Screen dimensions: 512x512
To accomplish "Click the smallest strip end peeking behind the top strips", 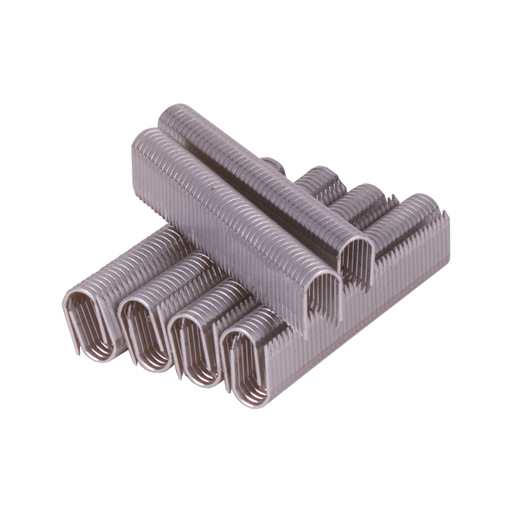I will [273, 165].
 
